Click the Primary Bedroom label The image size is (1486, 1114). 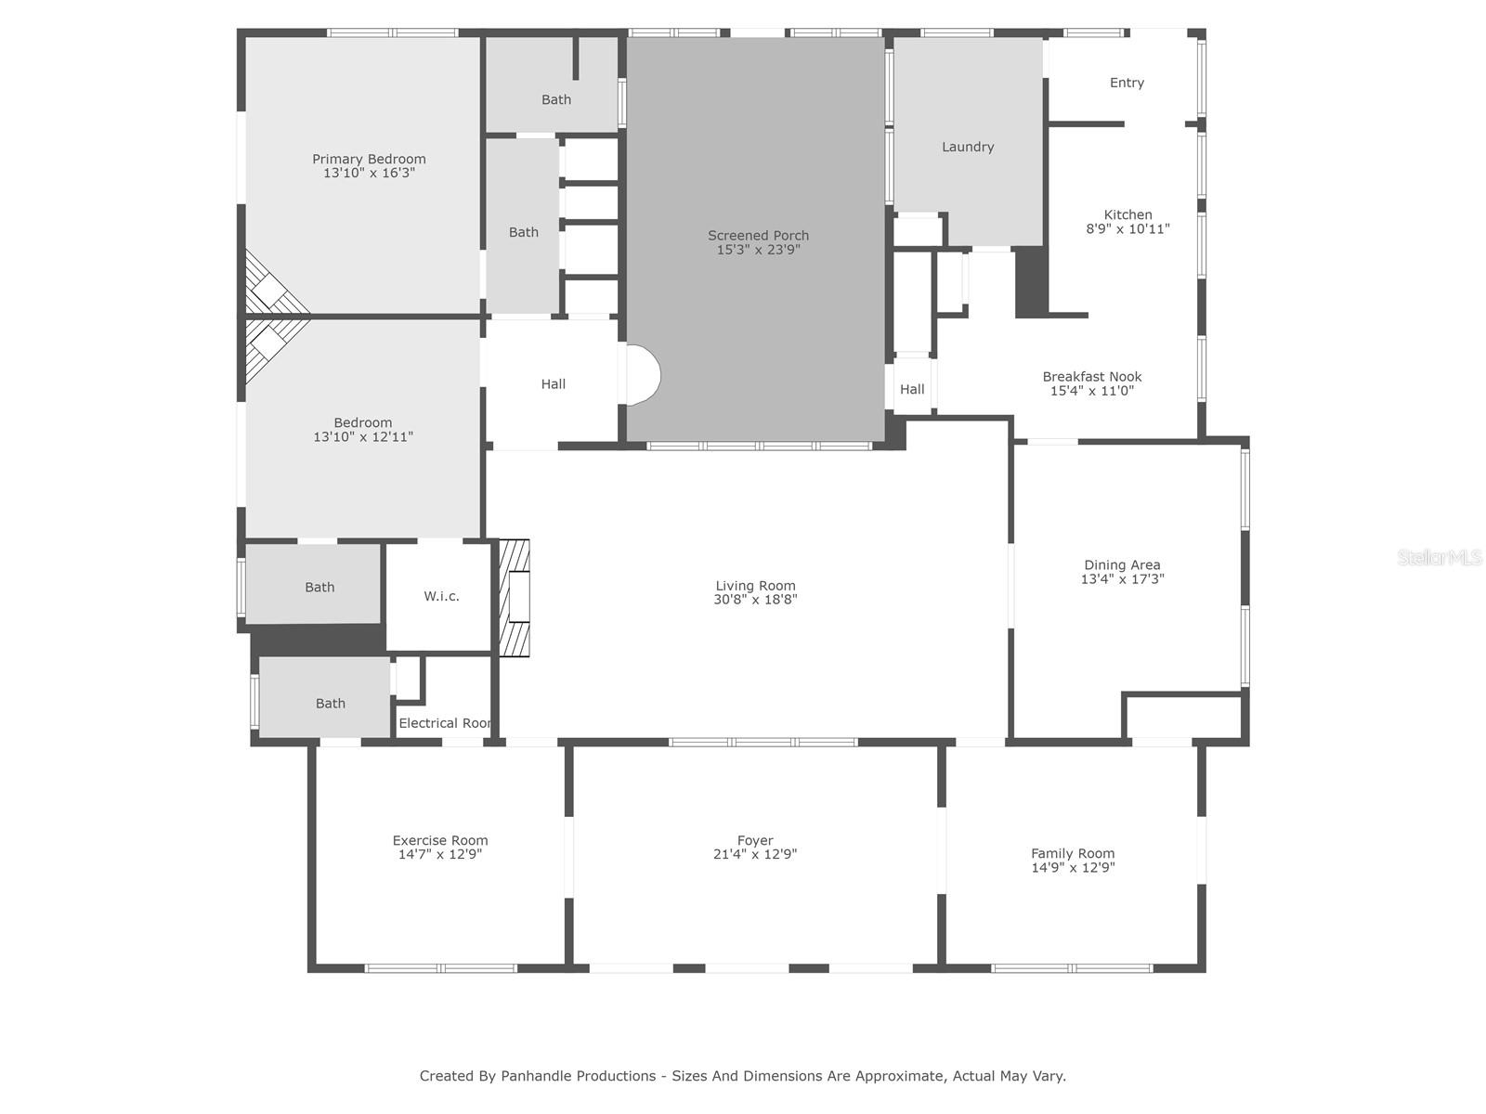coord(369,159)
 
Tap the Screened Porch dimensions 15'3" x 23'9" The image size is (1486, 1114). coord(758,250)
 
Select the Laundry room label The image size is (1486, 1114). coord(968,147)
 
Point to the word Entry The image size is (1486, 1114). coord(1127,83)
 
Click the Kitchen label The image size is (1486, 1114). coord(1128,214)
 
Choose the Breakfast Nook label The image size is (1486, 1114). coord(1092,376)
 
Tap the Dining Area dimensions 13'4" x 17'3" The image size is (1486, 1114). coord(1123,578)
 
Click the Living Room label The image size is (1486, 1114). coord(755,586)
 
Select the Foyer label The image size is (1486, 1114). coord(755,841)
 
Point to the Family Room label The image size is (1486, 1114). coord(1073,853)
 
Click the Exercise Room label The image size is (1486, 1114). coord(440,841)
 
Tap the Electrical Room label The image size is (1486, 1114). coord(445,723)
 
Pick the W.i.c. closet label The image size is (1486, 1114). coord(441,596)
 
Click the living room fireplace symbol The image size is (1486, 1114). coord(515,598)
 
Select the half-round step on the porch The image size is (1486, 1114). coord(643,375)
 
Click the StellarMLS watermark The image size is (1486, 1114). coord(1440,557)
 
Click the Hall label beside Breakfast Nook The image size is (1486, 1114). coord(912,389)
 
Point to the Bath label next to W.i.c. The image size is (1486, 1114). coord(319,587)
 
